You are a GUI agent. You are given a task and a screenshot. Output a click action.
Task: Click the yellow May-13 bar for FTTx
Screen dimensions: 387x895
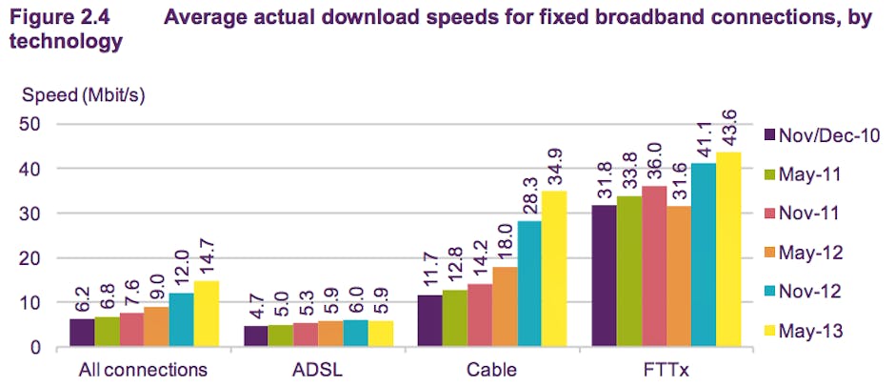(728, 250)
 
